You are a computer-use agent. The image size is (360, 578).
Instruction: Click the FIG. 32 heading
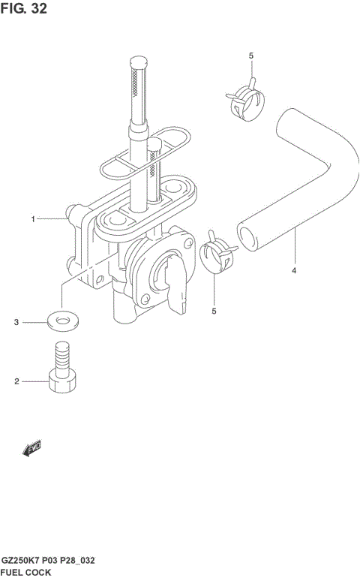23,8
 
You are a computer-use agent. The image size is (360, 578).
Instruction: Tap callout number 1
33,219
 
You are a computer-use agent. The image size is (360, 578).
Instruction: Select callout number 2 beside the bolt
16,381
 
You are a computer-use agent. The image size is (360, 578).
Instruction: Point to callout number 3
16,322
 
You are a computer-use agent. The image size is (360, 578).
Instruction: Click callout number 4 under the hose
294,270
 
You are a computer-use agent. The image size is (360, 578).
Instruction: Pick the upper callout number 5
251,56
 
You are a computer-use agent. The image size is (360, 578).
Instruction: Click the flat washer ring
62,321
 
